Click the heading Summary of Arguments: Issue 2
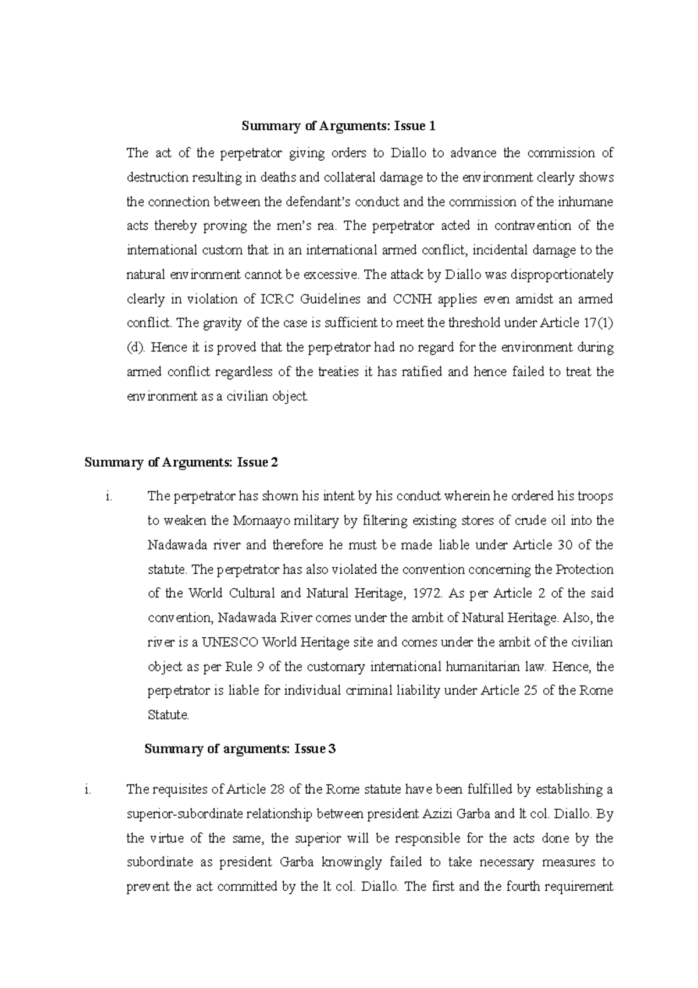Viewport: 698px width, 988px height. [x=181, y=463]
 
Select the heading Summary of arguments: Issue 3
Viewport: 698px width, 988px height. [x=240, y=749]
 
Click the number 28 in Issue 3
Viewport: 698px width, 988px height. [x=280, y=790]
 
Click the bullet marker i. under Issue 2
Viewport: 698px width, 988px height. [x=108, y=496]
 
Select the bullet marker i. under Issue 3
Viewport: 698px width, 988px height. [x=88, y=790]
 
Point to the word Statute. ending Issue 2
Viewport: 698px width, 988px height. [x=169, y=715]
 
